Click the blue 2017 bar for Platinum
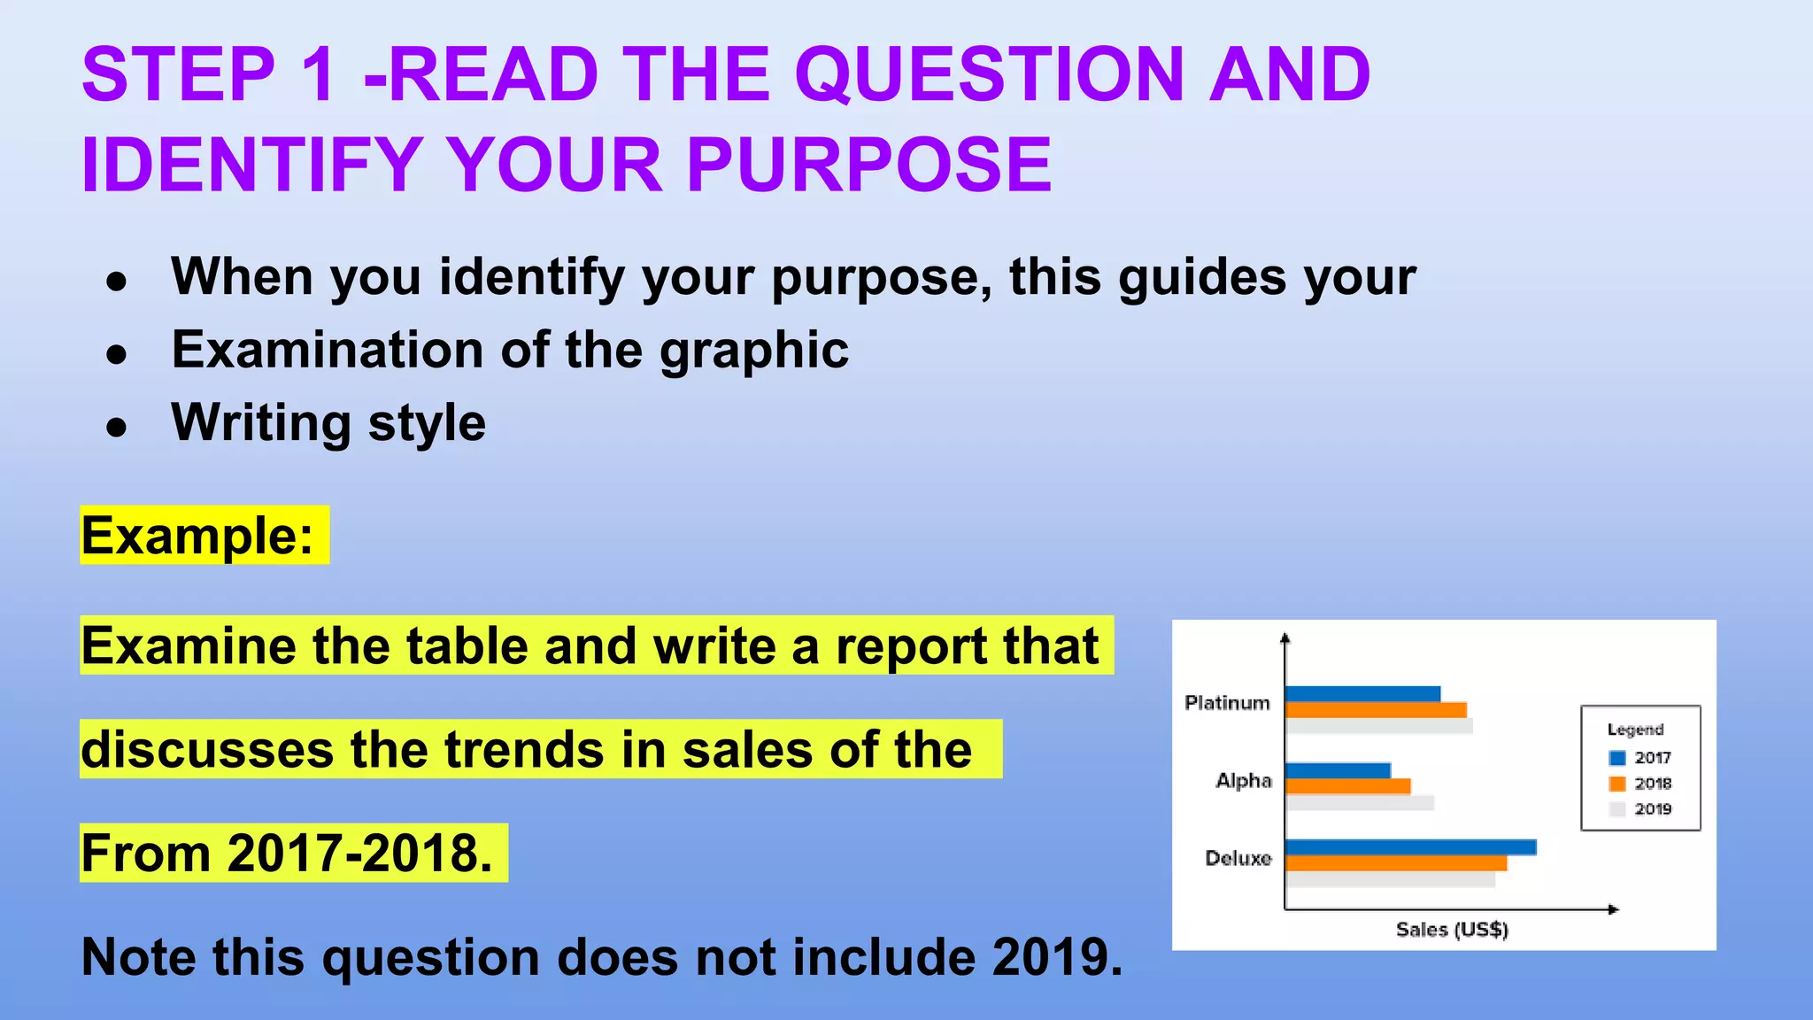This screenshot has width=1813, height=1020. click(x=1362, y=694)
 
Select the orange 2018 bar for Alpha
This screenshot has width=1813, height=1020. click(x=1347, y=786)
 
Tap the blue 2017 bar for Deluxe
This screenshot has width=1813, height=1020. click(x=1410, y=847)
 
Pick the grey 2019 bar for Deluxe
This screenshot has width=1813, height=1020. click(x=1390, y=880)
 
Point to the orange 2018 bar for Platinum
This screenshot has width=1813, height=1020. click(x=1376, y=710)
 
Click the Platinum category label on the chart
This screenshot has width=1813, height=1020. click(x=1227, y=703)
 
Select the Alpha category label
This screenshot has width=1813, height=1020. click(x=1243, y=781)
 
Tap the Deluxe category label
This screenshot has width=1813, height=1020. click(x=1238, y=858)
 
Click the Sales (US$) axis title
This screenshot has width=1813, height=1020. click(x=1452, y=930)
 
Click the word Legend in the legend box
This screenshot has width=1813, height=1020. click(x=1635, y=730)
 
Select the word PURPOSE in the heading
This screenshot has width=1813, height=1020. click(x=869, y=165)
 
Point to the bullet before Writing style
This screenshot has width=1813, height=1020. click(x=116, y=428)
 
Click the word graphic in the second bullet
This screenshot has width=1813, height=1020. click(x=753, y=351)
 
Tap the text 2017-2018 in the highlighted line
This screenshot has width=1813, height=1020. click(x=359, y=854)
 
